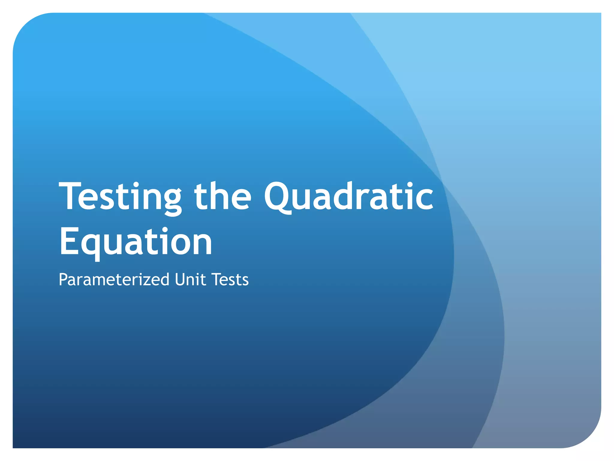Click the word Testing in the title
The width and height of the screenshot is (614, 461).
pyautogui.click(x=120, y=197)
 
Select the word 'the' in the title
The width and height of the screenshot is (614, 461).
pyautogui.click(x=222, y=197)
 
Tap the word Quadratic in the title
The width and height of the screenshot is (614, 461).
pyautogui.click(x=349, y=197)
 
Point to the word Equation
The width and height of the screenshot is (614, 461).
pyautogui.click(x=136, y=242)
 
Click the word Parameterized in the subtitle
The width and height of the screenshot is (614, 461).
pyautogui.click(x=114, y=280)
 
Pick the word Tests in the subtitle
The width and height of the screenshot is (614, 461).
pyautogui.click(x=230, y=280)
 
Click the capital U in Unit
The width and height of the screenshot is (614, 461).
pyautogui.click(x=180, y=280)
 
